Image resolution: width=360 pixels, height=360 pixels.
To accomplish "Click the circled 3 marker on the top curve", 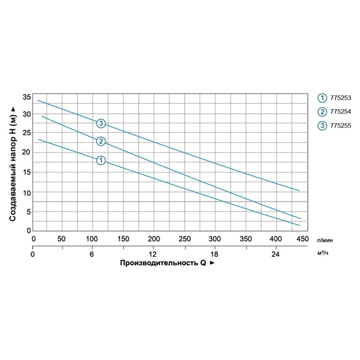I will [x=101, y=124].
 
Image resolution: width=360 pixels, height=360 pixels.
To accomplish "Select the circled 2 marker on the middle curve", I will [x=101, y=142].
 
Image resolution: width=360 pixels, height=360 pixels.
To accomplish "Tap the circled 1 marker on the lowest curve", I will [x=101, y=160].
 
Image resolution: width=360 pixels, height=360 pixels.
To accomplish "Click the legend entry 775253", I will [x=339, y=98].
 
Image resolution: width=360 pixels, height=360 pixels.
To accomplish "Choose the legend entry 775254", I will [x=339, y=112].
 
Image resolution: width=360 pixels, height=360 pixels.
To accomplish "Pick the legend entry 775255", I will [x=339, y=125].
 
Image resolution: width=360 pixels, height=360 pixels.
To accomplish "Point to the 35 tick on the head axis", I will [x=26, y=97].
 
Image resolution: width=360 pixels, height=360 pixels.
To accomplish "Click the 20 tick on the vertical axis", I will [x=26, y=154].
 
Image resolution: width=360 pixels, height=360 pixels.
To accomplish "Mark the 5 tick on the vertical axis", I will [x=28, y=211].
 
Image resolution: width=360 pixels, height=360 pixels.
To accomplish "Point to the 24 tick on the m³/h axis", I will [x=276, y=254].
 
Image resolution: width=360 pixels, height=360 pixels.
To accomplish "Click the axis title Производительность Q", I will [x=167, y=263].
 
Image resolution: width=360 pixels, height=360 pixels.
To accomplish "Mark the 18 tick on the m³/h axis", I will [x=214, y=254].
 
